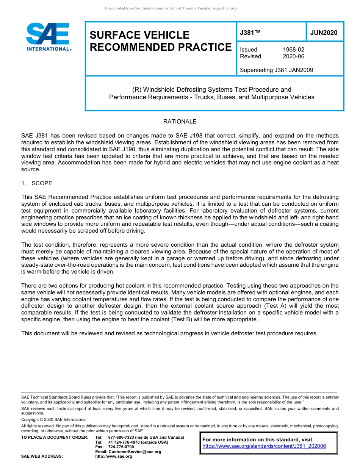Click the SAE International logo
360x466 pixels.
48,37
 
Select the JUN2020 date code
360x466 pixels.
324,33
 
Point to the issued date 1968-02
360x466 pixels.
293,50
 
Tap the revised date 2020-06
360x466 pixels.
293,56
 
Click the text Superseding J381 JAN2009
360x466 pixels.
276,70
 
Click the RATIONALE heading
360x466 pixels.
180,122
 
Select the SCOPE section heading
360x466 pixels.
42,183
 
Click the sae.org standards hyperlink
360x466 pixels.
264,446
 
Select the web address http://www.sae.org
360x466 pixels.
114,457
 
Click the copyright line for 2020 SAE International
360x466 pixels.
54,419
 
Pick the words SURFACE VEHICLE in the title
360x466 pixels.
139,35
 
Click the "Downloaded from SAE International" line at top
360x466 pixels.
171,8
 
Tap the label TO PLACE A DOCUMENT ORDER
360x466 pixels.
55,437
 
